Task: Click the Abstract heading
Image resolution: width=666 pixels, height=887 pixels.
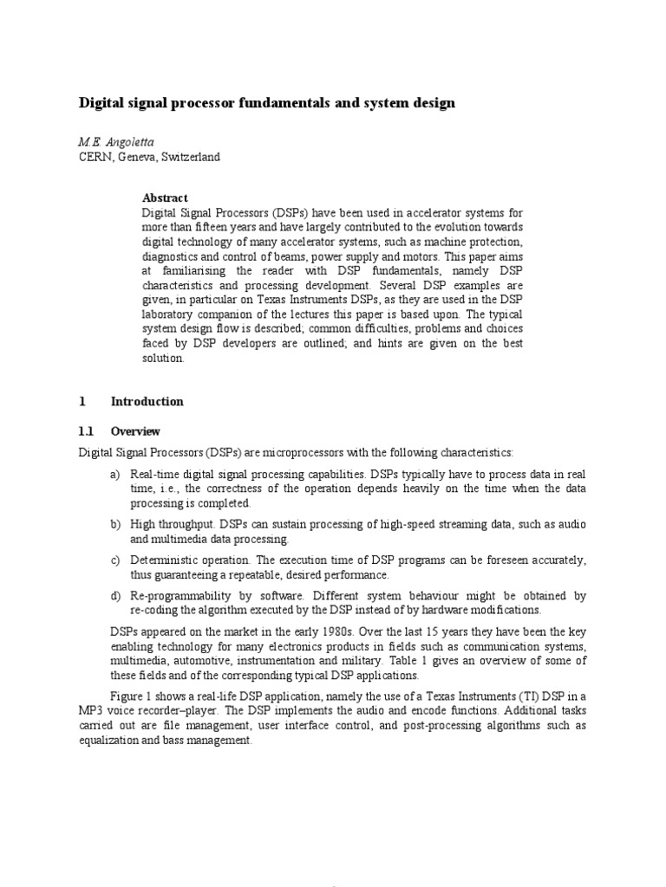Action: pos(165,197)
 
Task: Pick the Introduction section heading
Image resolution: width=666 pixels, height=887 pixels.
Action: pos(147,401)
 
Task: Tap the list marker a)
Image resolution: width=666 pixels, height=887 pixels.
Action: pos(115,475)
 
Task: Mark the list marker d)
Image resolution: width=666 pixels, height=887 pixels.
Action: pos(115,596)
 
